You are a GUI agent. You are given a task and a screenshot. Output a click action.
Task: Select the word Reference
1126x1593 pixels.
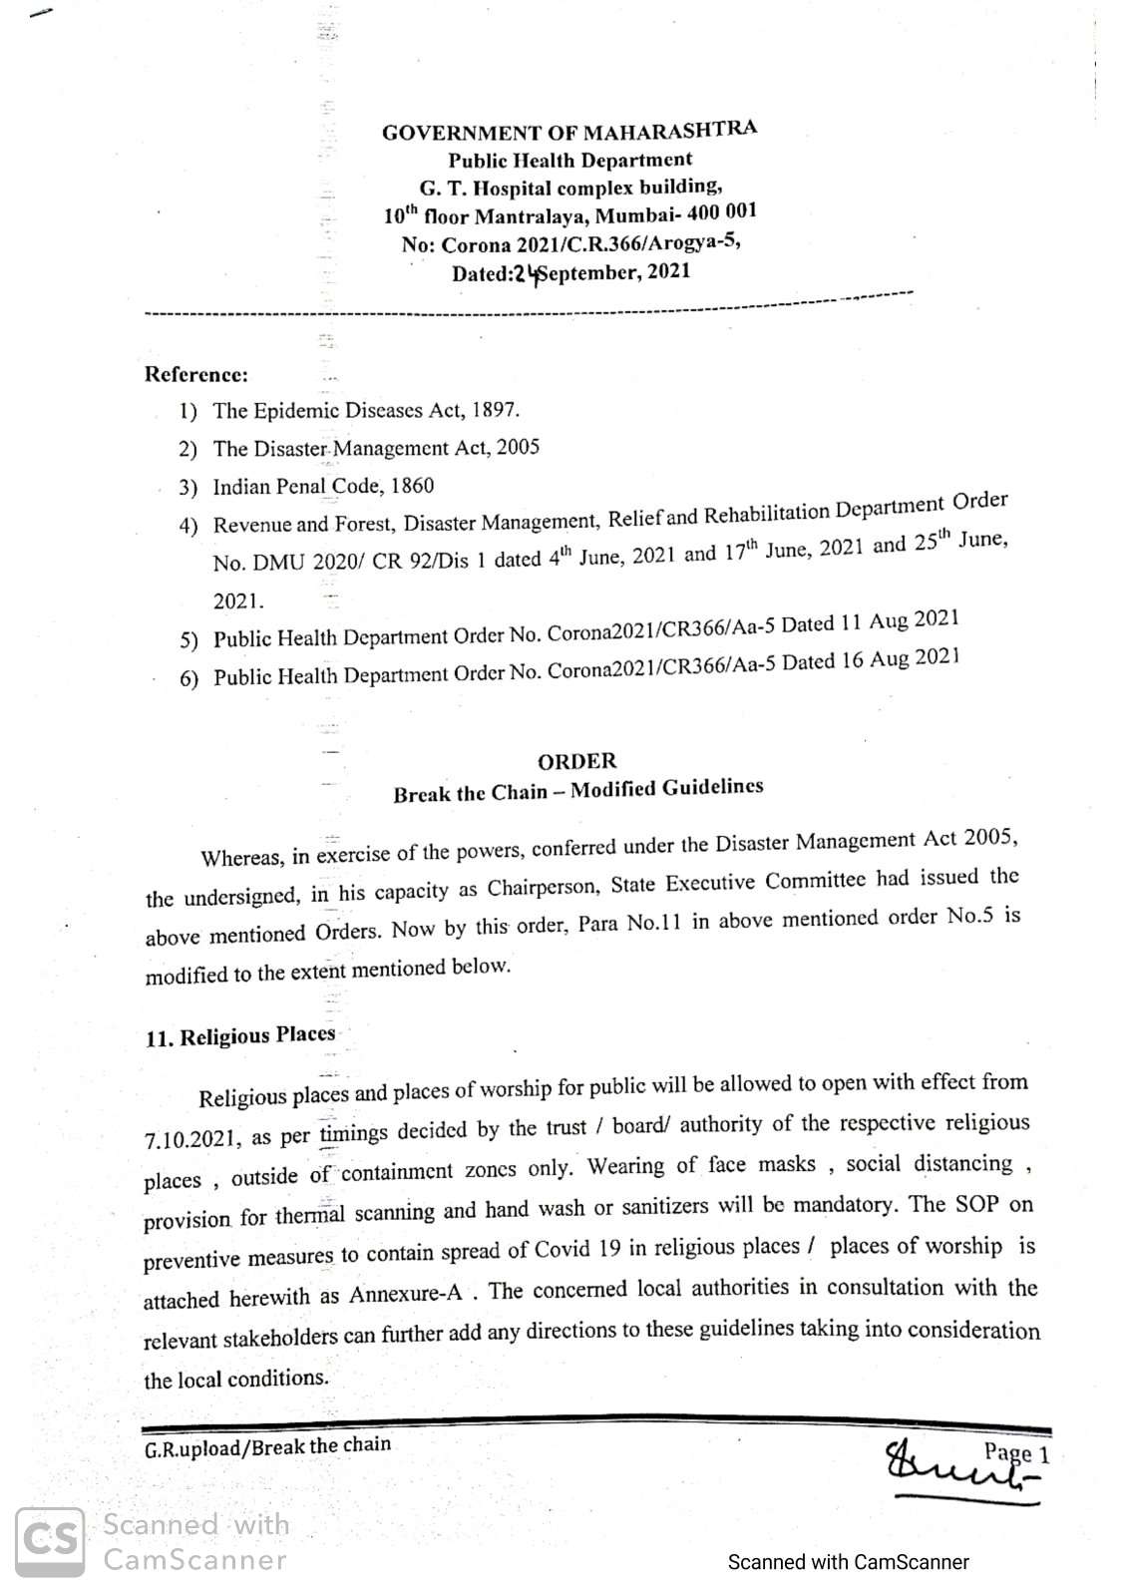(195, 375)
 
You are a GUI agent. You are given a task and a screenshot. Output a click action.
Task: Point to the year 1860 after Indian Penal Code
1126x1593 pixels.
(412, 487)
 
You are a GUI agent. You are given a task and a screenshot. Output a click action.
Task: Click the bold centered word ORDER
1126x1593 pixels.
(576, 761)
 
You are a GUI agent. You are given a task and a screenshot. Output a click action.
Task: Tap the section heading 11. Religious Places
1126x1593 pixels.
(240, 1035)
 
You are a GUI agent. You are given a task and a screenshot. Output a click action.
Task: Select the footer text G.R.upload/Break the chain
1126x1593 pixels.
(267, 1445)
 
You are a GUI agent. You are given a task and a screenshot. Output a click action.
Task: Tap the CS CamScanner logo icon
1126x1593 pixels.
(48, 1540)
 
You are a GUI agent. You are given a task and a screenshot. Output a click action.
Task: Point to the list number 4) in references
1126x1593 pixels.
(188, 526)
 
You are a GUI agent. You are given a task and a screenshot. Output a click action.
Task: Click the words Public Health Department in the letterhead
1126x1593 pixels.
(569, 160)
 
